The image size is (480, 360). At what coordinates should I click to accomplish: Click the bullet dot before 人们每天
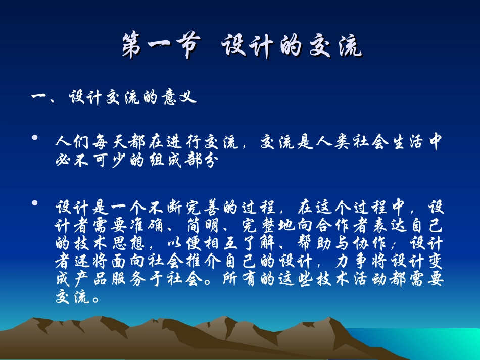click(x=35, y=138)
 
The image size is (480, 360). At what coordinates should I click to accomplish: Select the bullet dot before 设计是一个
click(x=35, y=203)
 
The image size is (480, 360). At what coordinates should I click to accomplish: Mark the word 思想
click(x=129, y=244)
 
